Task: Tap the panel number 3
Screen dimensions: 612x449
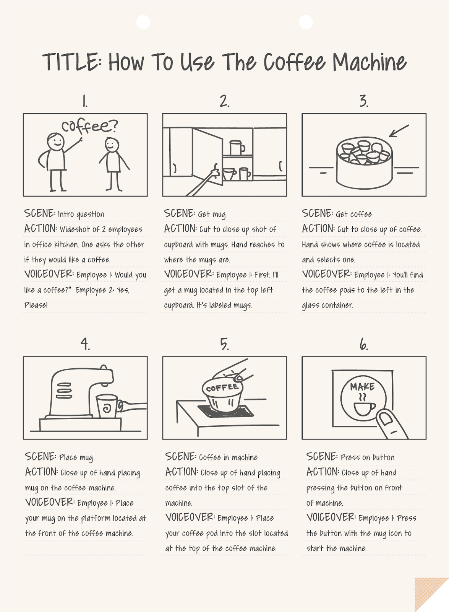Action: click(364, 101)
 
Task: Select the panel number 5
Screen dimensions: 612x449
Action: click(224, 345)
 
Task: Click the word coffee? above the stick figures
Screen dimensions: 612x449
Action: click(90, 126)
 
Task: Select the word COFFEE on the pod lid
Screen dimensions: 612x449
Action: click(222, 388)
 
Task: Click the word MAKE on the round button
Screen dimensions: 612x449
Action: click(362, 387)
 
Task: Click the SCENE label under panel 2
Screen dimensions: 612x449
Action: click(180, 213)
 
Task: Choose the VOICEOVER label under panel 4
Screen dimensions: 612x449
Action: click(50, 502)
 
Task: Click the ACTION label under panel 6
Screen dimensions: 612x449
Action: click(323, 472)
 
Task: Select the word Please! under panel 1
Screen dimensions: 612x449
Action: click(36, 305)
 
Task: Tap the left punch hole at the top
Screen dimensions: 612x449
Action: click(143, 23)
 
